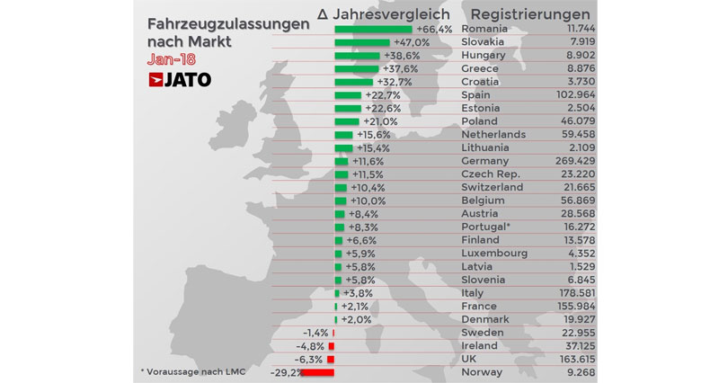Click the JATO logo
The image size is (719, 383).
click(180, 80)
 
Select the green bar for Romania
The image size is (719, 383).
click(373, 30)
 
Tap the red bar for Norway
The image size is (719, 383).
click(317, 372)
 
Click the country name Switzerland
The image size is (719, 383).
click(492, 187)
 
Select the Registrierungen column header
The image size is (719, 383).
click(530, 13)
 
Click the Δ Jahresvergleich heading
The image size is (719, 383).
click(383, 13)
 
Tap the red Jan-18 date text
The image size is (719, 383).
click(172, 59)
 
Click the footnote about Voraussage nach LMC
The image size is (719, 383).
click(192, 370)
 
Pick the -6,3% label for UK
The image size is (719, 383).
click(311, 359)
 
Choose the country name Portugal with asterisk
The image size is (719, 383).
click(486, 227)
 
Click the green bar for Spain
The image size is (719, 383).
click(347, 95)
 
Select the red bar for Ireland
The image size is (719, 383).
click(331, 346)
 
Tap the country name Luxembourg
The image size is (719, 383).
click(495, 254)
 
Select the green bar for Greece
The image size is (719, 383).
click(356, 69)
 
